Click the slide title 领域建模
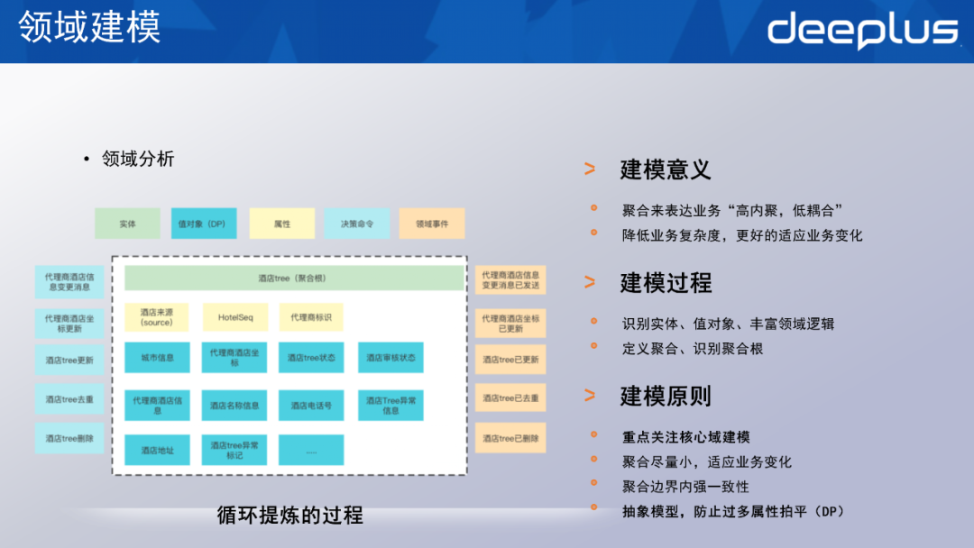coord(89,27)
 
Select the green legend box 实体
coord(127,224)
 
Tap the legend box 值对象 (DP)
coord(204,224)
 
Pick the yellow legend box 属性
coord(282,224)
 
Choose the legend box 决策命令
coord(357,224)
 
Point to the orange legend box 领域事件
coord(432,224)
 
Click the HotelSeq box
coord(234,317)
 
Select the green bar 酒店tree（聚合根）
coord(292,279)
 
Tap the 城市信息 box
coord(157,358)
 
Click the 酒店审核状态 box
coord(391,358)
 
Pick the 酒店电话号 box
coord(311,406)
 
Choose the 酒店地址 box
coord(157,450)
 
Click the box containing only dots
coord(311,450)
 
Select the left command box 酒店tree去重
coord(69,399)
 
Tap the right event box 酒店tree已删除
coord(510,438)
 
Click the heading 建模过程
coord(666,282)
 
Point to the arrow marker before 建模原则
coord(589,395)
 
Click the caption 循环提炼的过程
coord(290,515)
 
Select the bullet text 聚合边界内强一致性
coord(685,487)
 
